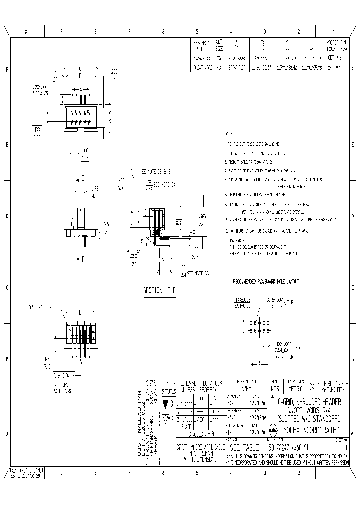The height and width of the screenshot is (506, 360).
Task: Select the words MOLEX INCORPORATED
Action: [x=312, y=430]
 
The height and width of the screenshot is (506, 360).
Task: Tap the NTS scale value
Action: [x=274, y=388]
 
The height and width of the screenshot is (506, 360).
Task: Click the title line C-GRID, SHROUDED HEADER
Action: [x=310, y=403]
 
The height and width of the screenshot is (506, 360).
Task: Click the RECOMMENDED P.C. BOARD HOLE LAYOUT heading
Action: [x=265, y=282]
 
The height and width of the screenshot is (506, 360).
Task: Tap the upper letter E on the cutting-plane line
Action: [x=83, y=178]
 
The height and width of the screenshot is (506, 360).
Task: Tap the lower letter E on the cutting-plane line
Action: [x=83, y=259]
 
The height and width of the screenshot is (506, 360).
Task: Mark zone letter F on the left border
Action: [x=6, y=69]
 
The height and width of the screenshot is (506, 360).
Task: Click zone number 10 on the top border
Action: [x=25, y=31]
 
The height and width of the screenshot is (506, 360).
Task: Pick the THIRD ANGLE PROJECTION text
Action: [x=334, y=385]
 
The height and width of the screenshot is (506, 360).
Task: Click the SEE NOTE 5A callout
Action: [x=165, y=184]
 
